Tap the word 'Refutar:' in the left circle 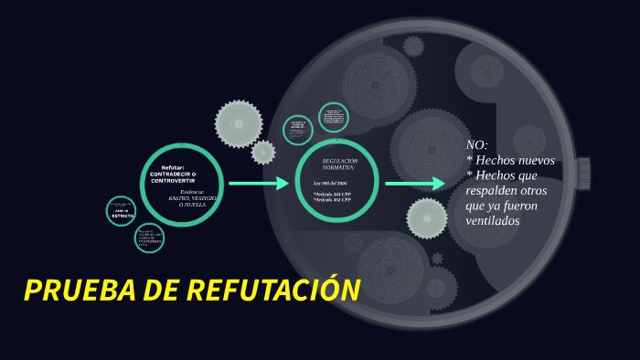pos(173,167)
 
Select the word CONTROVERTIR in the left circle pos(173,181)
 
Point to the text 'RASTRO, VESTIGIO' pos(192,197)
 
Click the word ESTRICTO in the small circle pos(123,216)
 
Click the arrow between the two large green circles pos(258,184)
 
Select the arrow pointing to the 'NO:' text pos(414,184)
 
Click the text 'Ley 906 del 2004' pos(330,184)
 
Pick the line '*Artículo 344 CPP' pos(332,194)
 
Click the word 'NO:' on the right pos(476,145)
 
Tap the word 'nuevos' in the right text pos(535,160)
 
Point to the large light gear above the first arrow pos(239,123)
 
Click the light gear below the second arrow pos(426,217)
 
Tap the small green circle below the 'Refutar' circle pos(150,238)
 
